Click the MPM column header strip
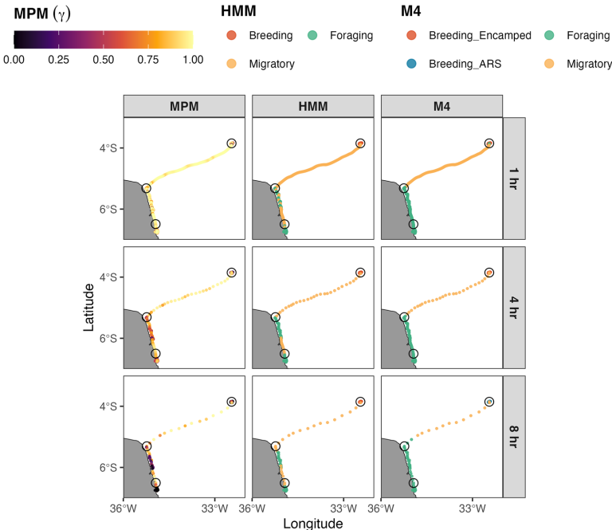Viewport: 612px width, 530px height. (184, 106)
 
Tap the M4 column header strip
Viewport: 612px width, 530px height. (441, 106)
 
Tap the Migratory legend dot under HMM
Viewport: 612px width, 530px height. (231, 64)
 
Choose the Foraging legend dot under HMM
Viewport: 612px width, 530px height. (314, 36)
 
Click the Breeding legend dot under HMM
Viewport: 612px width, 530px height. (231, 36)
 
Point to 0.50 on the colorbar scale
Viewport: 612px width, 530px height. (103, 60)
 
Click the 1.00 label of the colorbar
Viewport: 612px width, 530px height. (192, 60)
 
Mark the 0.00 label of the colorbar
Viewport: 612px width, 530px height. (14, 60)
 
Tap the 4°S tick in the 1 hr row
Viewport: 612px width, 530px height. (108, 147)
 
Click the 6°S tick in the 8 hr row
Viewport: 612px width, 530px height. (108, 467)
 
